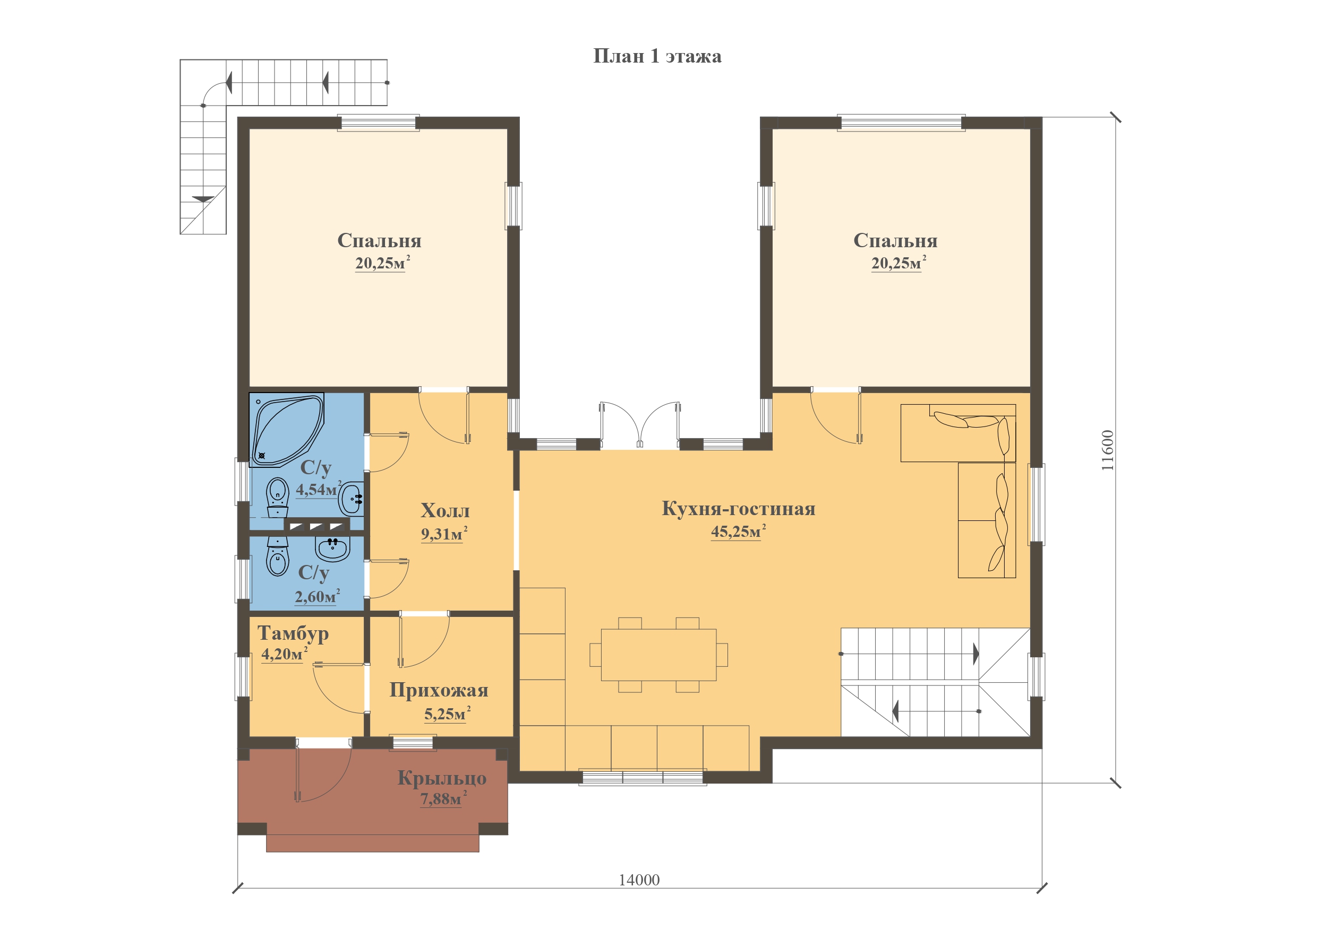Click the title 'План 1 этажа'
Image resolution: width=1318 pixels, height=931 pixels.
coord(657,56)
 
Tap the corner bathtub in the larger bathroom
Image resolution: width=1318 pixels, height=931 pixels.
coord(286,430)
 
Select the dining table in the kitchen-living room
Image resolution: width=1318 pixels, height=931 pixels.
coord(658,655)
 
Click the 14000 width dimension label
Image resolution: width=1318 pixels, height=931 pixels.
coord(639,880)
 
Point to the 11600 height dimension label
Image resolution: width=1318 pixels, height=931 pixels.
coord(1107,450)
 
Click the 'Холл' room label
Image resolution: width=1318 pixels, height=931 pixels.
coord(445,510)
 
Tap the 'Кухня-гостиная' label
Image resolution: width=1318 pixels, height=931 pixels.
coord(739,508)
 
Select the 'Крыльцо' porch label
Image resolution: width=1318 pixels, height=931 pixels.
coord(442,778)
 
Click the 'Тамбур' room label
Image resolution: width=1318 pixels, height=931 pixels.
coord(293,633)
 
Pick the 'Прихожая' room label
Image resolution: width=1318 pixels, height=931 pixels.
coord(439,690)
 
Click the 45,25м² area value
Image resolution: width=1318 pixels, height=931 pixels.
coord(738,531)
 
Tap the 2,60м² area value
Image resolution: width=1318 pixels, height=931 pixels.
coord(318,597)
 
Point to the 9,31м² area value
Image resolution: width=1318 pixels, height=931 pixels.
coord(444,534)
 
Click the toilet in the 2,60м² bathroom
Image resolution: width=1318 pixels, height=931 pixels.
coord(278,557)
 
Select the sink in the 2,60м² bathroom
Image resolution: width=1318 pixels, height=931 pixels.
coord(332,549)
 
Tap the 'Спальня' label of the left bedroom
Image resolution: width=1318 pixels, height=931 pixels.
coord(380,240)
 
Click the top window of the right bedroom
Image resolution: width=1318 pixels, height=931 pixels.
coord(901,123)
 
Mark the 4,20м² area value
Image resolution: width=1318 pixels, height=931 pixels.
coord(284,654)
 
